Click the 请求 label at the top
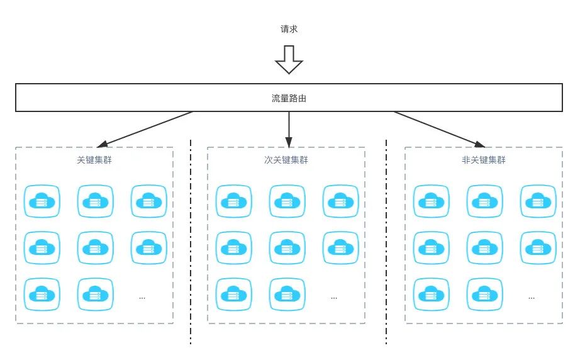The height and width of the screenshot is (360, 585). point(289,29)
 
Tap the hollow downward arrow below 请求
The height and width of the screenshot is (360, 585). point(289,60)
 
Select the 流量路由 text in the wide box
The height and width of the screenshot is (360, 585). point(289,98)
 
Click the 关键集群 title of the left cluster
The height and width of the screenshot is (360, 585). point(94,160)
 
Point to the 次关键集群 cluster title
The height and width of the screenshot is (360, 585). point(286,160)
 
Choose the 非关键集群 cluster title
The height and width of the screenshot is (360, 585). point(484,160)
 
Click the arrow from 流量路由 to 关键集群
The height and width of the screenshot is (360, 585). point(145,129)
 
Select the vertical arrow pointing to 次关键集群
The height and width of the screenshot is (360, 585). point(289,129)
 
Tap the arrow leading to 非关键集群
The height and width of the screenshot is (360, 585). point(440,129)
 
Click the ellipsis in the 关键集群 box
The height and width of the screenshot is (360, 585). point(142,298)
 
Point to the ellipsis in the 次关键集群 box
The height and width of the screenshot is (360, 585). point(334,298)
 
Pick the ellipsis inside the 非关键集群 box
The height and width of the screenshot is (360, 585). point(532,298)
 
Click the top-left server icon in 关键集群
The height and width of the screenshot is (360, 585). point(42,201)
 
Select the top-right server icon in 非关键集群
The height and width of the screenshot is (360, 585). point(538,201)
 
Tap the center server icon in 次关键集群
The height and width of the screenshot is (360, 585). point(287,247)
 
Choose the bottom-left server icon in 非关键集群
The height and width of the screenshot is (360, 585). point(432,295)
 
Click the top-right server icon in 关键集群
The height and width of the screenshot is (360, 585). point(149,201)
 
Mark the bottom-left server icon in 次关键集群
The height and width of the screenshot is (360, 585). point(234,295)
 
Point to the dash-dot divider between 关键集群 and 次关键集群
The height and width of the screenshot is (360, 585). point(191,242)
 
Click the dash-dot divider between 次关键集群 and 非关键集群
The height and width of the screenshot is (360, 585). point(386,242)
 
